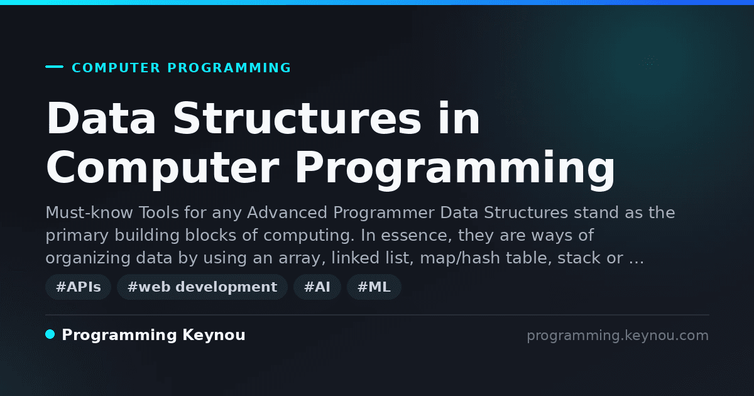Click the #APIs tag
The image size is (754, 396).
78,287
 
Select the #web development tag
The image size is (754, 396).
202,287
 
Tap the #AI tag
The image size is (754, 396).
317,287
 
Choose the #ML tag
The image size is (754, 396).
374,287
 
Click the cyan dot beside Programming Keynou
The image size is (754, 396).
50,334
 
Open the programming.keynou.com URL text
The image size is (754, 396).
618,336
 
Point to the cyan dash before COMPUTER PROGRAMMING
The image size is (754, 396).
54,67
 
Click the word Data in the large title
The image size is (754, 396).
101,118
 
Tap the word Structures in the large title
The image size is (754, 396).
297,118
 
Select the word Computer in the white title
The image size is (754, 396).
163,168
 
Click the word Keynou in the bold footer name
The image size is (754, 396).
214,335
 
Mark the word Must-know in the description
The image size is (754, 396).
89,213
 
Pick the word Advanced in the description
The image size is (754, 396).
287,213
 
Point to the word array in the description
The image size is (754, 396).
302,258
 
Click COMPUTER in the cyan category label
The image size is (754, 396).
116,68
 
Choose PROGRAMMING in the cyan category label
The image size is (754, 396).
229,68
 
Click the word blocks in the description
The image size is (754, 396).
210,235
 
